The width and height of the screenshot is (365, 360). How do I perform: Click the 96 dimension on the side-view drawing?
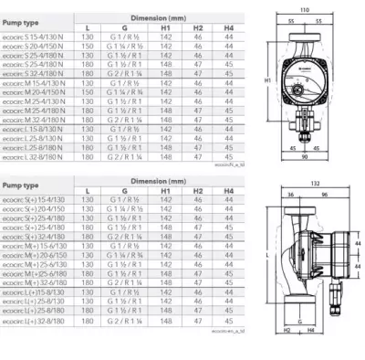point(286,196)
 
